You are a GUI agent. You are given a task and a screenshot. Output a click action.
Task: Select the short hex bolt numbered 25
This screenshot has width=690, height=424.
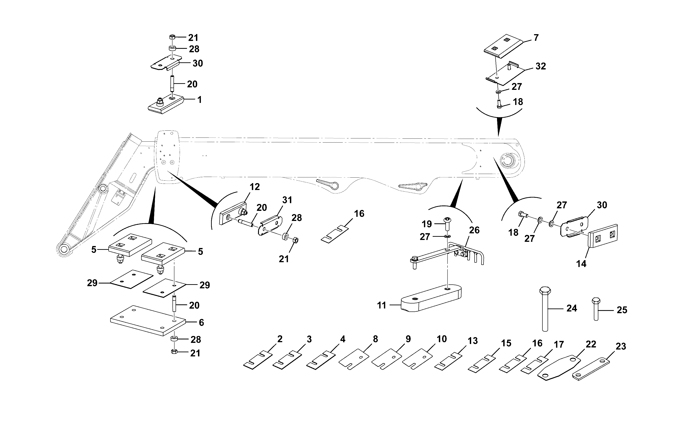pyautogui.click(x=596, y=309)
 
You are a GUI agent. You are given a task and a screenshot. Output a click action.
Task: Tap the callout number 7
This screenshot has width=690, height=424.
pyautogui.click(x=536, y=38)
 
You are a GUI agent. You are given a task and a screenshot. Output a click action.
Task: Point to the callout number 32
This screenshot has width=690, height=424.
pyautogui.click(x=541, y=66)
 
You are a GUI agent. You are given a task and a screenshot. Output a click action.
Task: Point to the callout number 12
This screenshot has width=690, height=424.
pyautogui.click(x=255, y=187)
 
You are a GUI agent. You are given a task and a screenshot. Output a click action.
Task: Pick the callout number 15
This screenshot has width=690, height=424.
pyautogui.click(x=506, y=343)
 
